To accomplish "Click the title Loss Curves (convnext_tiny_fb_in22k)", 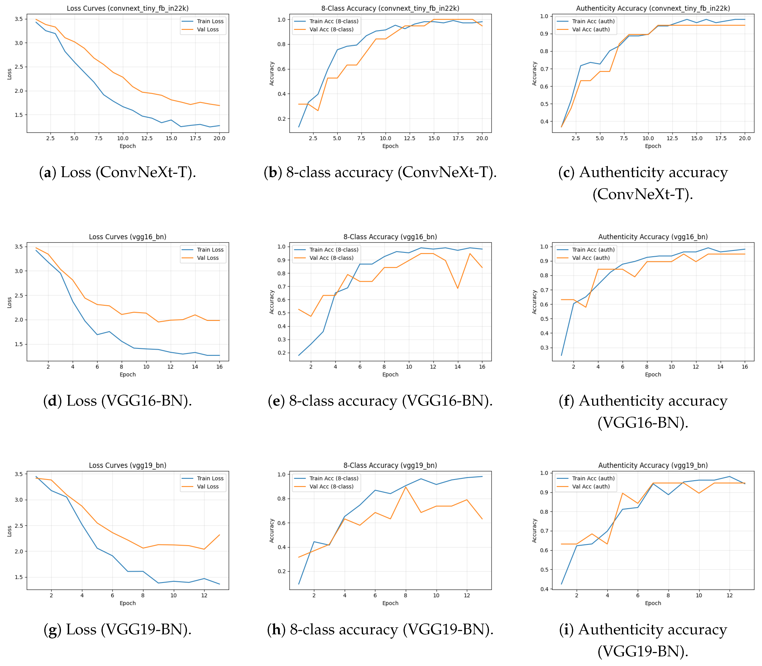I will pos(128,8).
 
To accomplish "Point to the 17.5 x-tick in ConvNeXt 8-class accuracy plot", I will pos(458,138).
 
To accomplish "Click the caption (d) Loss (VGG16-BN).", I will pos(118,401).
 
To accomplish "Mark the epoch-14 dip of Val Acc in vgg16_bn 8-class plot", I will pos(458,288).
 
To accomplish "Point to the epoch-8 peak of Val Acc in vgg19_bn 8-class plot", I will pos(406,487).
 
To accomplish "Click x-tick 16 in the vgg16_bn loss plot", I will pos(219,367).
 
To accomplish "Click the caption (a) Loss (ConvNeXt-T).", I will pos(118,172).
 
